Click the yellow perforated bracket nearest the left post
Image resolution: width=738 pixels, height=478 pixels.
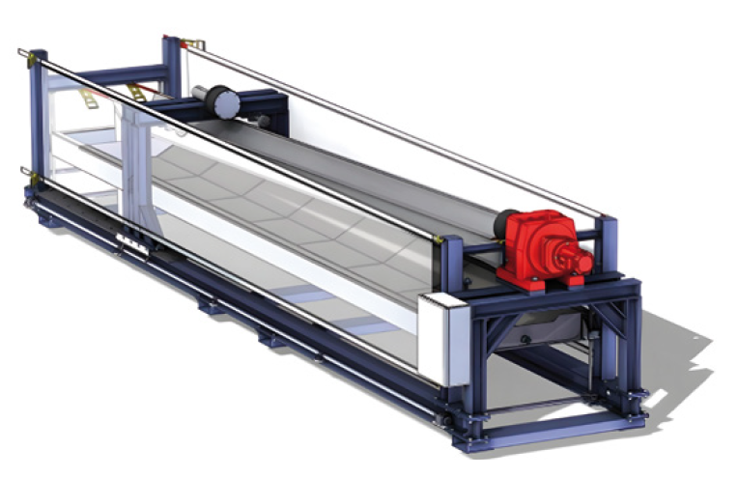click(89, 98)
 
